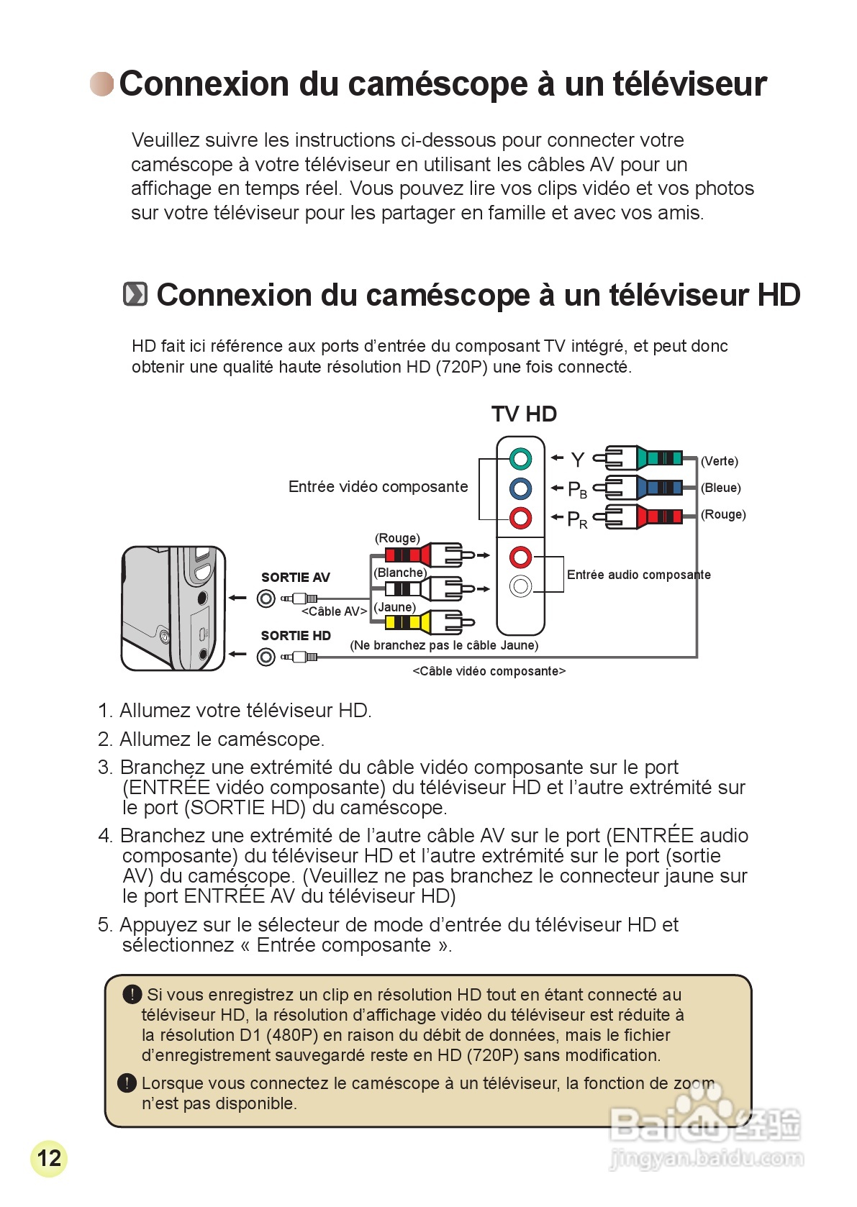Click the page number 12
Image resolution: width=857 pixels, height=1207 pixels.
[x=49, y=1158]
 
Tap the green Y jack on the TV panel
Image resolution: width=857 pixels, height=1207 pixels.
[x=520, y=458]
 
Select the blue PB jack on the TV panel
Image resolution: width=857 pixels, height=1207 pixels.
[x=520, y=488]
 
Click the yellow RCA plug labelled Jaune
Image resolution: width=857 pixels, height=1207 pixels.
[x=429, y=621]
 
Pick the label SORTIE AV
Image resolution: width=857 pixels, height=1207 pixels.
[x=295, y=578]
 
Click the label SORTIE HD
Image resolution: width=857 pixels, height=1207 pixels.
[x=296, y=636]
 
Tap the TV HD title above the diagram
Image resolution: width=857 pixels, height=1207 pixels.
[x=524, y=414]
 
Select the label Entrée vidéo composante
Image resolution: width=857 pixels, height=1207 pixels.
[x=378, y=487]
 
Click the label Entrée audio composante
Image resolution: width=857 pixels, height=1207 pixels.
[x=638, y=575]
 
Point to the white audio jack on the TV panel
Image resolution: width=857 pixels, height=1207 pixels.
[x=520, y=586]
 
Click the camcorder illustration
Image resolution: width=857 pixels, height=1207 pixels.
[x=173, y=609]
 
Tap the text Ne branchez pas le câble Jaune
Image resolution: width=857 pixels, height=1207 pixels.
[x=444, y=645]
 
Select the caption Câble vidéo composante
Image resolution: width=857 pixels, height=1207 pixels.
[x=489, y=671]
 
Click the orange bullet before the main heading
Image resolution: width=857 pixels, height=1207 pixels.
[x=101, y=84]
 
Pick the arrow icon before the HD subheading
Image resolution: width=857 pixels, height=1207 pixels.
[x=135, y=294]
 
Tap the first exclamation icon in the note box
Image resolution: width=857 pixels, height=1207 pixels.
[x=132, y=994]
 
